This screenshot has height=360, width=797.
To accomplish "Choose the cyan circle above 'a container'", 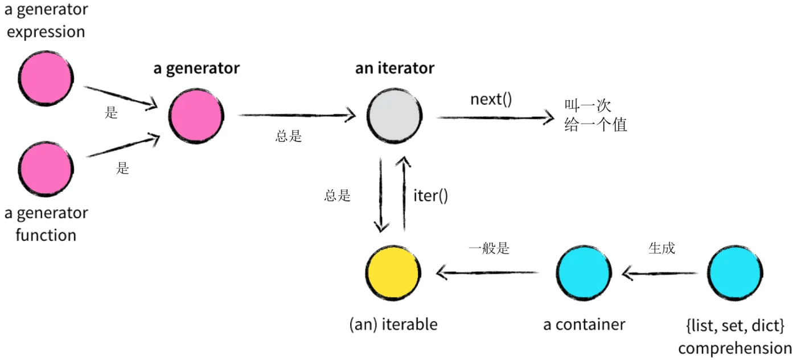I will [x=584, y=272].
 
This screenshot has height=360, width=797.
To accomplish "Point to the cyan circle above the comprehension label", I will [x=735, y=272].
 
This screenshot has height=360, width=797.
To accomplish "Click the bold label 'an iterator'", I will [x=395, y=69].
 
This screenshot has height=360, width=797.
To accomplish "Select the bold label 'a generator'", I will [x=196, y=69].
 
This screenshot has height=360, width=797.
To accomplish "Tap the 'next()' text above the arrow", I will [x=491, y=99].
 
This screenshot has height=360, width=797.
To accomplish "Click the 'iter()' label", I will [x=430, y=196].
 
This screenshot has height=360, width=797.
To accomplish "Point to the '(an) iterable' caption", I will [x=393, y=325].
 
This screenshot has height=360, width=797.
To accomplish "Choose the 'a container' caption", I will [x=584, y=325].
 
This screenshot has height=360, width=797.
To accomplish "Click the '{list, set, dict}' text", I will [x=735, y=326].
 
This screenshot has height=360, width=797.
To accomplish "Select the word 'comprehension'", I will [x=735, y=348].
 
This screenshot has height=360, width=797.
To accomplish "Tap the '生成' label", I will [x=662, y=249].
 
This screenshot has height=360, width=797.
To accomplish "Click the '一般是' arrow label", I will [x=488, y=249].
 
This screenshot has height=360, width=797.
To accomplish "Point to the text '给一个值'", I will [x=595, y=125].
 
